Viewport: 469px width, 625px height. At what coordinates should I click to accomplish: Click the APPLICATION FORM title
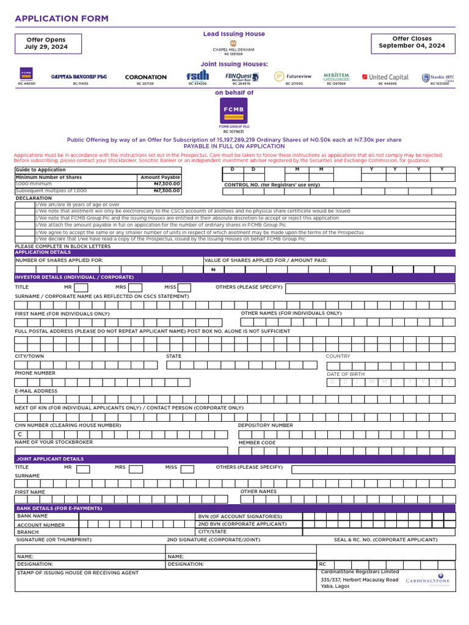pos(62,19)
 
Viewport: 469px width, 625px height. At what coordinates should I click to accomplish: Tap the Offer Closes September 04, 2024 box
pos(412,42)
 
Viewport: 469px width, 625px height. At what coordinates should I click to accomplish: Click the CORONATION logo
pos(145,78)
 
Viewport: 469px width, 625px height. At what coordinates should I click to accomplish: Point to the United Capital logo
pos(385,77)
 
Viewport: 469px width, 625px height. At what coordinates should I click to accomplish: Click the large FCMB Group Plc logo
pos(233,111)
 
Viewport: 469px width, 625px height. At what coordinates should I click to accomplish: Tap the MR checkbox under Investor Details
pos(81,287)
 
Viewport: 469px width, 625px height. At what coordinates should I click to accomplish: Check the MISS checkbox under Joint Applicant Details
pos(187,469)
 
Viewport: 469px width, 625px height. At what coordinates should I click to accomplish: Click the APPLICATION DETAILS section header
pos(43,252)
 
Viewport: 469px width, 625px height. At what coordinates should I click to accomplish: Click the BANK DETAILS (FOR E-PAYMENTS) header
pos(59,508)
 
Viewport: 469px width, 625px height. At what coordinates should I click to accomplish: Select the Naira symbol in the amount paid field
pos(213,269)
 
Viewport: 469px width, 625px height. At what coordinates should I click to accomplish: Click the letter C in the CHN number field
pos(20,434)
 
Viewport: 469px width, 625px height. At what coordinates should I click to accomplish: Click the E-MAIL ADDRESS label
pos(36,391)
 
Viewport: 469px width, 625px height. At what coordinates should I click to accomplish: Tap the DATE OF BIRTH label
pos(346,374)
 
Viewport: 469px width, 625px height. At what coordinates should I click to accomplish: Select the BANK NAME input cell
pos(135,516)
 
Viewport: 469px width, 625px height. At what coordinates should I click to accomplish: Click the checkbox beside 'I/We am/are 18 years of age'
pos(25,204)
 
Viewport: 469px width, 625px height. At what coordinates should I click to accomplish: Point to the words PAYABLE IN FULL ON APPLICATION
pos(234,146)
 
